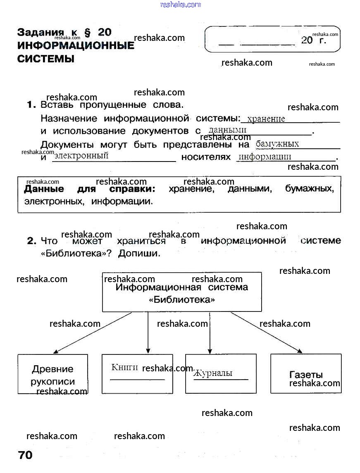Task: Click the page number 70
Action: pyautogui.click(x=25, y=455)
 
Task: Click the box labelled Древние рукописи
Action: pyautogui.click(x=52, y=374)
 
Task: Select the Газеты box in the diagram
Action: pyautogui.click(x=306, y=374)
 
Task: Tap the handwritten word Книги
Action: pyautogui.click(x=124, y=367)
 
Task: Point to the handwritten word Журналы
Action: pyautogui.click(x=213, y=373)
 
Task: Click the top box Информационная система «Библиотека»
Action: pyautogui.click(x=182, y=292)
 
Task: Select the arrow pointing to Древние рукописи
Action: pyautogui.click(x=93, y=333)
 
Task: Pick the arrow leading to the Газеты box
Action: pyautogui.click(x=267, y=333)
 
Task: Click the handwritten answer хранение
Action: pyautogui.click(x=266, y=119)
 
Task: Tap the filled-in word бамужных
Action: pyautogui.click(x=277, y=144)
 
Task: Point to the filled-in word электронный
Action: pyautogui.click(x=82, y=156)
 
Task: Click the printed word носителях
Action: pyautogui.click(x=206, y=157)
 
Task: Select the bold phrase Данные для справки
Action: pyautogui.click(x=89, y=189)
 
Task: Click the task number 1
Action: pyautogui.click(x=31, y=105)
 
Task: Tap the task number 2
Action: pyautogui.click(x=31, y=241)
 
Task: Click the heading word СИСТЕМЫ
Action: pyautogui.click(x=46, y=59)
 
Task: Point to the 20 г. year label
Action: pyautogui.click(x=314, y=40)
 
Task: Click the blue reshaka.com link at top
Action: pyautogui.click(x=180, y=5)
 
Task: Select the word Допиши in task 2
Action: pyautogui.click(x=139, y=253)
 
